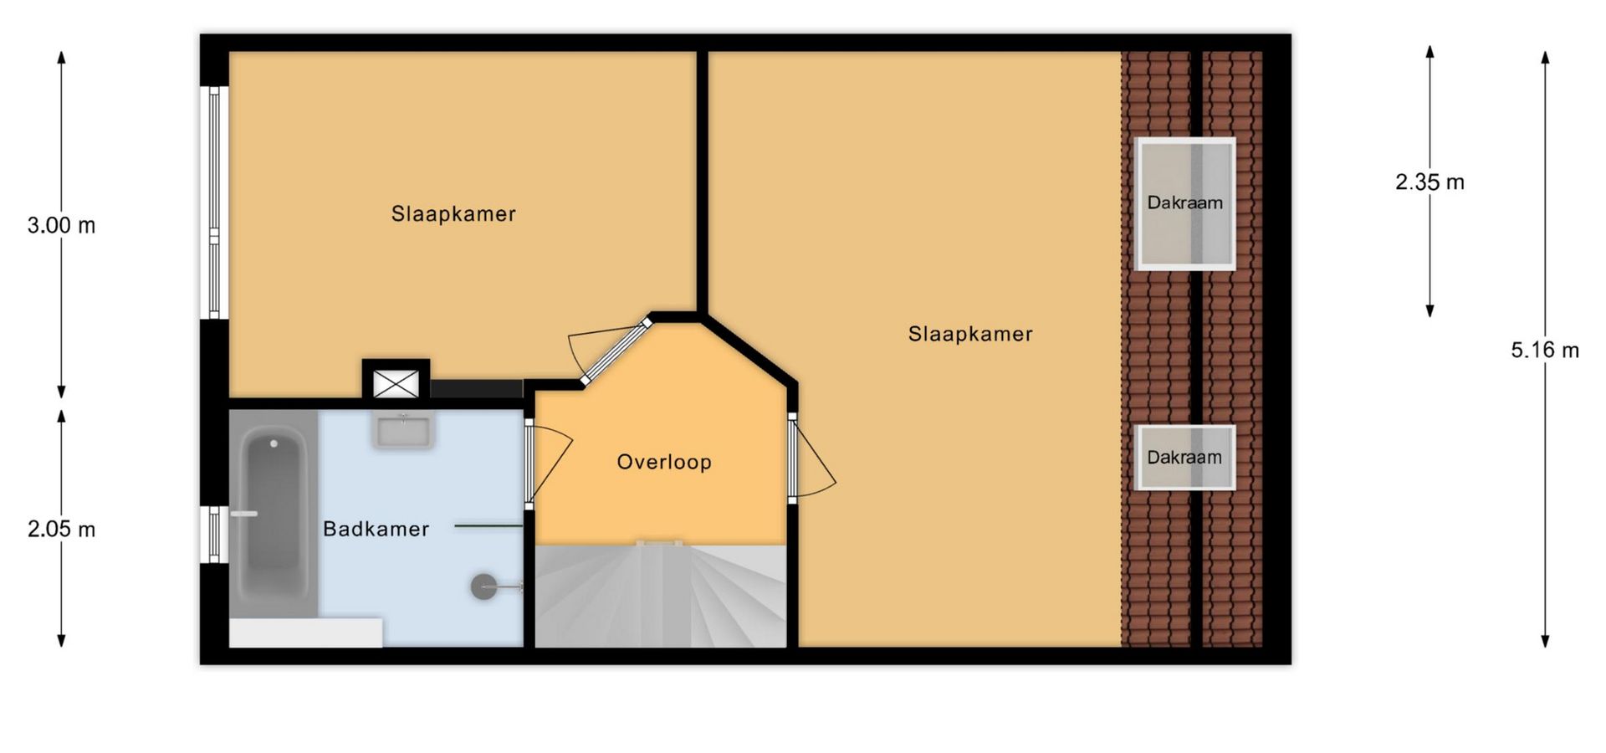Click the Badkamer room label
(x=376, y=529)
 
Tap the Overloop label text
(x=664, y=462)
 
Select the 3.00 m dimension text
(x=61, y=225)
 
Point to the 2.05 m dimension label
(x=61, y=529)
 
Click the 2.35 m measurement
(x=1430, y=182)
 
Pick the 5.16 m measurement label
(x=1545, y=350)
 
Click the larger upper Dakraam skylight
(x=1184, y=203)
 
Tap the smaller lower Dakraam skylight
(x=1184, y=457)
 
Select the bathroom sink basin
(x=403, y=431)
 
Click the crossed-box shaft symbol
(x=396, y=384)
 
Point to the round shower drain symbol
(x=483, y=587)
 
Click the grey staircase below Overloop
(x=661, y=596)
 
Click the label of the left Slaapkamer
(x=453, y=214)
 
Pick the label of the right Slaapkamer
(x=970, y=335)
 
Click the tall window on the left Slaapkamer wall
(x=214, y=202)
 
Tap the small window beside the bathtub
(x=214, y=534)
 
